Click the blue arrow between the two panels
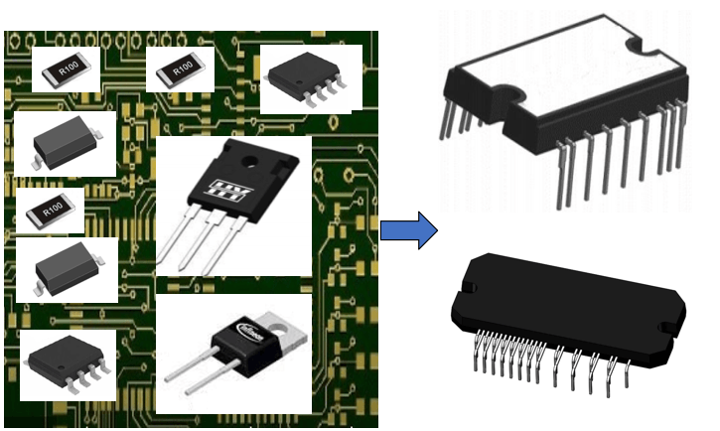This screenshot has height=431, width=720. click(407, 230)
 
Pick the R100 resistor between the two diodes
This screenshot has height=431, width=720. click(50, 210)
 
